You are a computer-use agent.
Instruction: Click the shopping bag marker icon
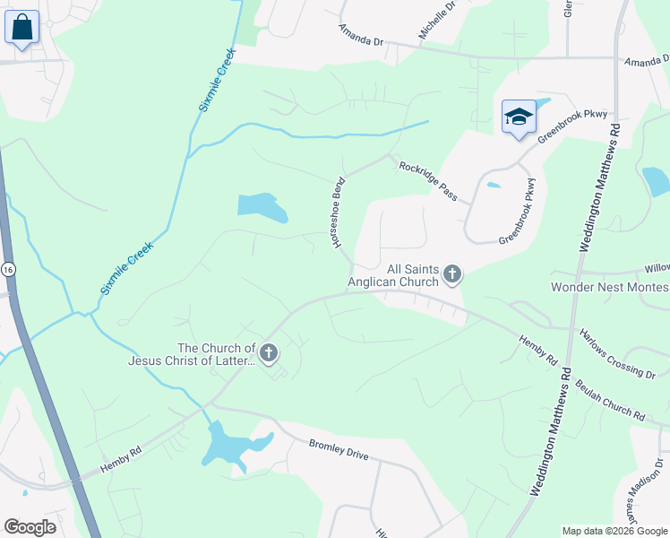click(x=21, y=27)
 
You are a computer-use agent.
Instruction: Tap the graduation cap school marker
click(x=519, y=117)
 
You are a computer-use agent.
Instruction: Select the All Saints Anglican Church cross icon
click(x=452, y=274)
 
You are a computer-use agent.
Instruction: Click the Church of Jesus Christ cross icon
click(x=268, y=354)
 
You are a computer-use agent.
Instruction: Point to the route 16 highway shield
click(x=8, y=269)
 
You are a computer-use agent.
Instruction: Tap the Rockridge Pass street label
click(x=428, y=180)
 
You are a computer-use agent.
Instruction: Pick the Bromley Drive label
click(x=339, y=449)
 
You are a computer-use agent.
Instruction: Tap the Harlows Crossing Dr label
click(x=617, y=353)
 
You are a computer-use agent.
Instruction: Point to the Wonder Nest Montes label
click(x=609, y=287)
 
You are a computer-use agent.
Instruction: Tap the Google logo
click(x=30, y=527)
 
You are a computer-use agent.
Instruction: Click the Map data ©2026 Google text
click(x=614, y=531)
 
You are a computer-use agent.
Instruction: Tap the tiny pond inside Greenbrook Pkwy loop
click(x=494, y=187)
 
